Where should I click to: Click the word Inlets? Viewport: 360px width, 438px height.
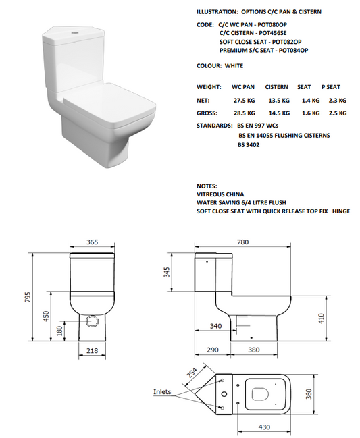(x=162, y=391)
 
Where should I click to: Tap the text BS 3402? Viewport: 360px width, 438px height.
(x=249, y=144)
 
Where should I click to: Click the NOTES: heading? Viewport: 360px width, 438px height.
(x=207, y=185)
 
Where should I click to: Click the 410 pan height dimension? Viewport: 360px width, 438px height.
(x=322, y=317)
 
